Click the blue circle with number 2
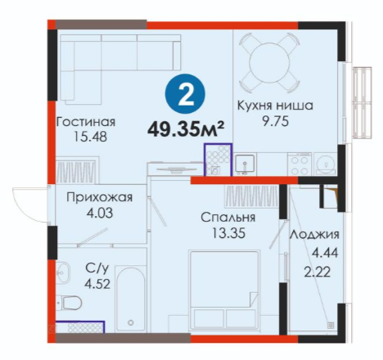(185, 94)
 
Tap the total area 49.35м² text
(186, 129)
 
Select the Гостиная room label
(86, 122)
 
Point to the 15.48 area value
(90, 137)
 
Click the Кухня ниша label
(275, 106)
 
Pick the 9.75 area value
(275, 121)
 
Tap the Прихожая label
(99, 197)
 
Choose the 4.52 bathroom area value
(97, 284)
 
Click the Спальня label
(228, 218)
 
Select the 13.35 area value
(228, 233)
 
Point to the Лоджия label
(314, 235)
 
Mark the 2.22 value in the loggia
(318, 272)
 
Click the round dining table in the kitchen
(269, 63)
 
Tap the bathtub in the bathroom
(130, 299)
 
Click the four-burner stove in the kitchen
(300, 164)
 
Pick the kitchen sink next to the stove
(245, 164)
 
